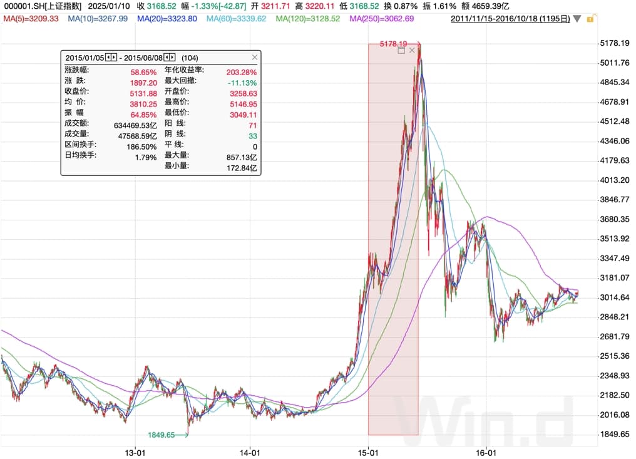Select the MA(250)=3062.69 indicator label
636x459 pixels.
tap(382, 19)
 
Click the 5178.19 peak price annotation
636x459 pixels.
tap(394, 44)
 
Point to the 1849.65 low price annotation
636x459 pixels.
tap(162, 434)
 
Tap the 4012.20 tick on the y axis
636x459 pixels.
tap(614, 180)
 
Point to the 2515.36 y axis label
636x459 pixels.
tap(614, 356)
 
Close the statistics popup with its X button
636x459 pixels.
tap(254, 57)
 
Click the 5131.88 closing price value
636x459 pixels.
tap(143, 93)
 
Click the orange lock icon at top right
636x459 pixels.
tap(590, 19)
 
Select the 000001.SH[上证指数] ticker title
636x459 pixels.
tap(43, 6)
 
